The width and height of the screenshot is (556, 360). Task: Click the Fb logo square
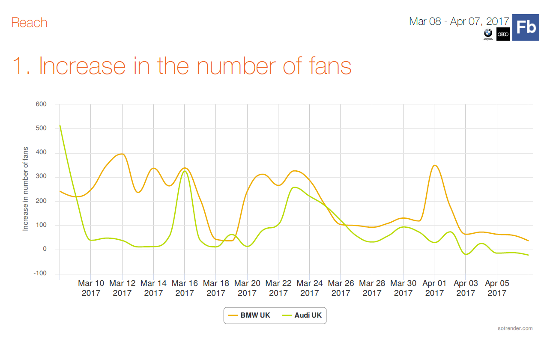[526, 27]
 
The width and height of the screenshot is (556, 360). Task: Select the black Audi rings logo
[503, 34]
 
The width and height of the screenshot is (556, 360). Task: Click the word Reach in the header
[29, 23]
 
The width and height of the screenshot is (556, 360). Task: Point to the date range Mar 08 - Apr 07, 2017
[459, 21]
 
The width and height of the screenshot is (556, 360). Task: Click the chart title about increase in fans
[182, 66]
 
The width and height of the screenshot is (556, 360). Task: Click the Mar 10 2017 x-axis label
[91, 288]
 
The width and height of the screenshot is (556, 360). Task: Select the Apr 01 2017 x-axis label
[434, 288]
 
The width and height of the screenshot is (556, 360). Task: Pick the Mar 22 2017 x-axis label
[278, 288]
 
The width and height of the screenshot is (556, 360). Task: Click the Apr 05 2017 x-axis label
[497, 288]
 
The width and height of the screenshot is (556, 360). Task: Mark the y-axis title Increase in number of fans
[26, 189]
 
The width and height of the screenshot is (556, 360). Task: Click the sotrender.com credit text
[515, 328]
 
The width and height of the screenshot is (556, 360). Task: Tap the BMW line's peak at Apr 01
[435, 165]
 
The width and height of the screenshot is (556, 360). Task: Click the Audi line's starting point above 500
[60, 125]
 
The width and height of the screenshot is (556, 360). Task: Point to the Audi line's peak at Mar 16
[184, 171]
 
